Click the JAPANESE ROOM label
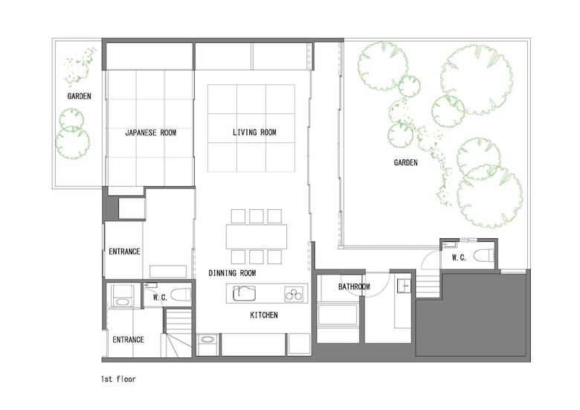[150, 132]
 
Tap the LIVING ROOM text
[254, 132]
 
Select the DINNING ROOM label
[232, 273]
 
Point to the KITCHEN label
[264, 315]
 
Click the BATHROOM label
[354, 286]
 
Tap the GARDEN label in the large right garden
[406, 162]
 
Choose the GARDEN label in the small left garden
[79, 96]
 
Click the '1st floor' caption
[118, 379]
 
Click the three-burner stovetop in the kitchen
[294, 295]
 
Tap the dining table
[257, 237]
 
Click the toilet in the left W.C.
[181, 295]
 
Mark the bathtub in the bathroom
[338, 314]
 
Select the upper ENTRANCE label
[124, 252]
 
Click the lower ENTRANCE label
[128, 340]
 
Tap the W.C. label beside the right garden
[459, 257]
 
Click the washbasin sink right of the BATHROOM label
[404, 286]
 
